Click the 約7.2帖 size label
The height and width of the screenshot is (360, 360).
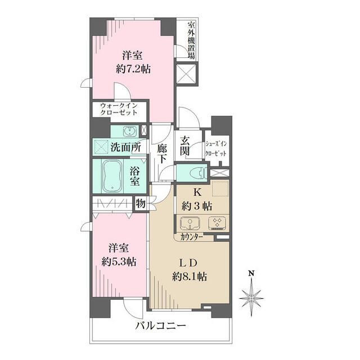134,69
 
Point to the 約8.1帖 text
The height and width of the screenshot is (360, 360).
190,276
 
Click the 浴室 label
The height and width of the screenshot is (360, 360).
136,177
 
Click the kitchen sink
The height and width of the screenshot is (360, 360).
192,223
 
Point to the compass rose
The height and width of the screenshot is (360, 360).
252,296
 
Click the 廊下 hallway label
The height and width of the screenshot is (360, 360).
162,154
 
